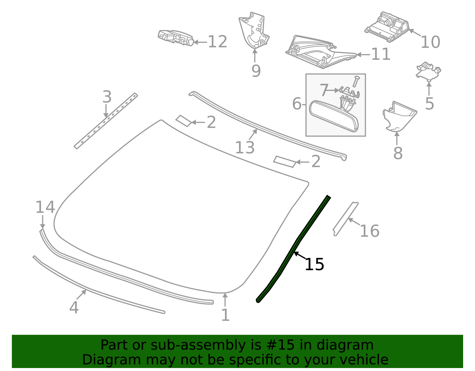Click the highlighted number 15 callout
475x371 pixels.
pos(314,264)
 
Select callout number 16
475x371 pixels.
pos(369,231)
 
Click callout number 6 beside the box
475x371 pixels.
pos(297,104)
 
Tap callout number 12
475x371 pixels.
pos(217,42)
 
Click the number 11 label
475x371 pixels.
pos(381,54)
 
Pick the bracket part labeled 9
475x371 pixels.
pos(254,31)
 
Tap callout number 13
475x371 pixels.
pos(245,148)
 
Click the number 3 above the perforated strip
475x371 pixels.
pos(107,97)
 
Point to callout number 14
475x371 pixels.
pos(45,207)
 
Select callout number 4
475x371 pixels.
pos(74,307)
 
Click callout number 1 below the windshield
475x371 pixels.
pos(225,315)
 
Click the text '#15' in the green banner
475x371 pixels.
pos(278,345)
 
